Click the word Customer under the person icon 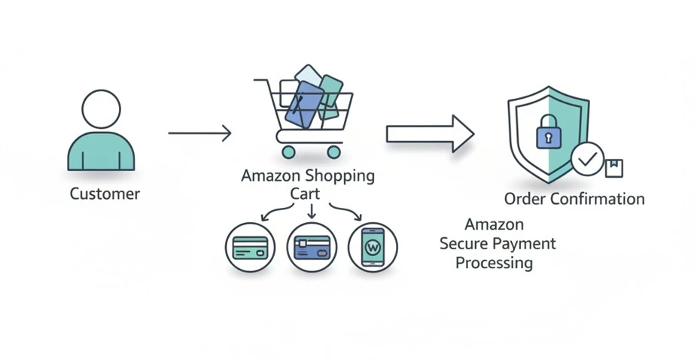click(x=105, y=194)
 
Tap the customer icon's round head click(x=101, y=110)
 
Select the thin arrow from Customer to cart click(x=199, y=133)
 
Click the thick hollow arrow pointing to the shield click(x=430, y=133)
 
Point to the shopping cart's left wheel click(x=288, y=151)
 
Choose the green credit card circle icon click(x=250, y=248)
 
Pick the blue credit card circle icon click(x=312, y=248)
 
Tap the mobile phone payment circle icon click(x=373, y=247)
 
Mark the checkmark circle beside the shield click(x=588, y=159)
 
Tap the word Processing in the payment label click(x=494, y=264)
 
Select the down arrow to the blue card click(x=312, y=212)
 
